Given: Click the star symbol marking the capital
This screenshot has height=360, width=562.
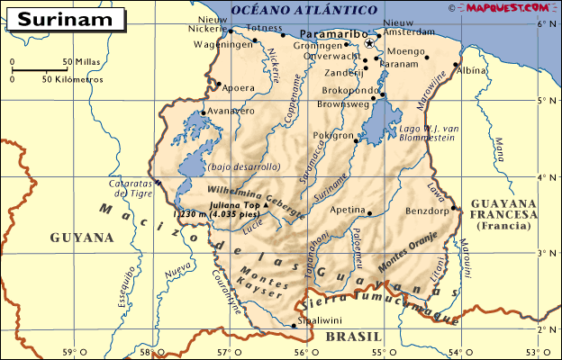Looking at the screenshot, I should pos(369,43).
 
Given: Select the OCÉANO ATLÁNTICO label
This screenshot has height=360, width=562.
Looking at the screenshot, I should pos(290,9).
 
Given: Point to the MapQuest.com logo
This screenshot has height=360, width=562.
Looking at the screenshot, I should pos(510,7).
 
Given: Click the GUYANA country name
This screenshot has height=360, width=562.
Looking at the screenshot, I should pos(81,238).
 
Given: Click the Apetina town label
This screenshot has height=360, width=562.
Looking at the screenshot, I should pos(346,209).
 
